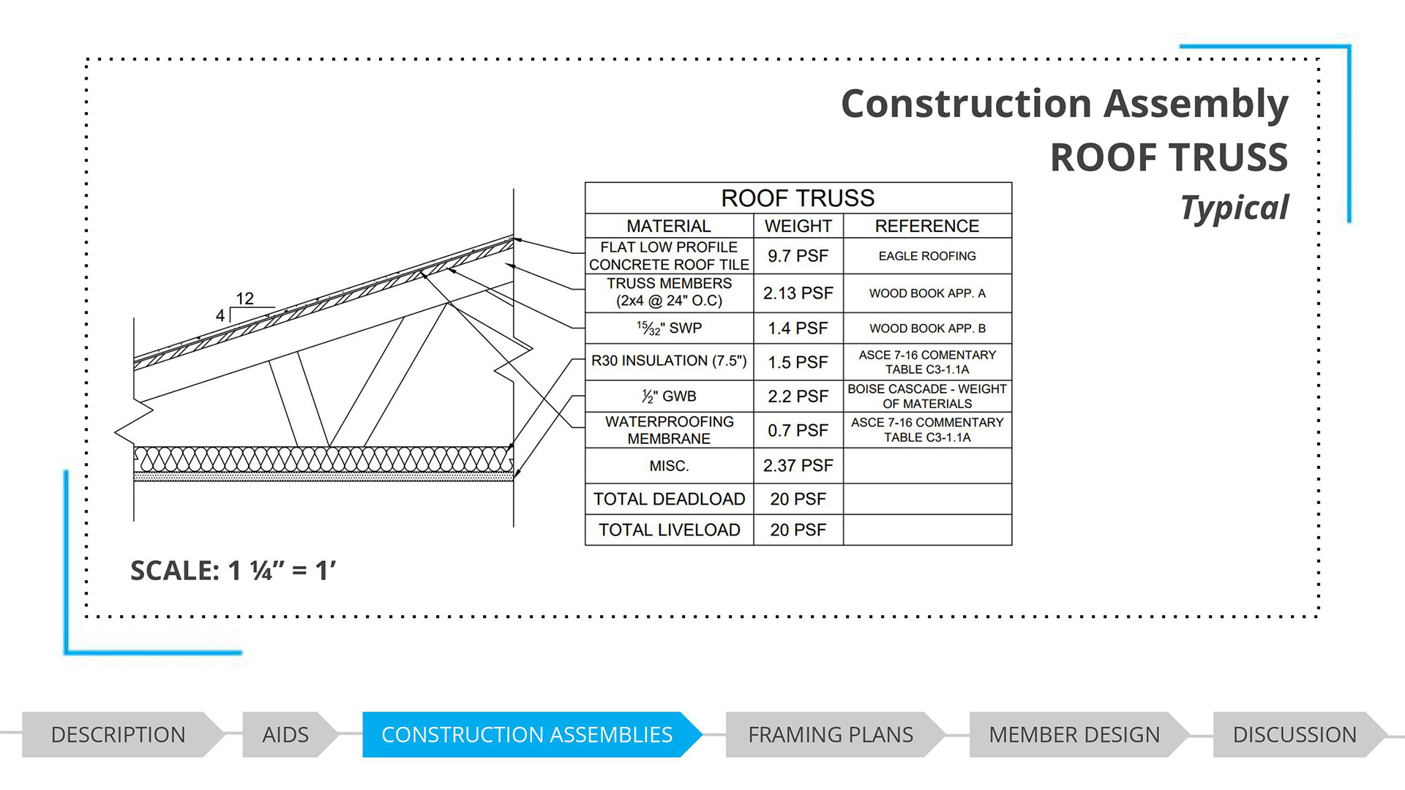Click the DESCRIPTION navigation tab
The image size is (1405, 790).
(119, 734)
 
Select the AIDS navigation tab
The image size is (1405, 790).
(285, 734)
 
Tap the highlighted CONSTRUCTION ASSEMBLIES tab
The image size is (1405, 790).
(527, 734)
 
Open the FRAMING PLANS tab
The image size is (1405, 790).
(831, 734)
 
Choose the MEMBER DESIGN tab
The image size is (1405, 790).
(1074, 734)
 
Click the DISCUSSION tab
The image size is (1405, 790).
(1295, 734)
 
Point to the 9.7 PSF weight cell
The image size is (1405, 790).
(798, 256)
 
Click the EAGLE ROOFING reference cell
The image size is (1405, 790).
(927, 256)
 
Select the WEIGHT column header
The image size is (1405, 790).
(798, 226)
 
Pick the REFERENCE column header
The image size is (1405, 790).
(927, 226)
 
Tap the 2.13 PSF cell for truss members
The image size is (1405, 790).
(798, 293)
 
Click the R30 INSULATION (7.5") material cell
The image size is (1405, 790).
(669, 361)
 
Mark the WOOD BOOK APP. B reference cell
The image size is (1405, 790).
(927, 328)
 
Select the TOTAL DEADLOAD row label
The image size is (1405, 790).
(669, 499)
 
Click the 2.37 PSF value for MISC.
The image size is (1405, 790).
(798, 465)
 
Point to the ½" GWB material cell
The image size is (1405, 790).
(669, 396)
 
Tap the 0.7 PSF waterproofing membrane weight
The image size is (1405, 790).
(798, 430)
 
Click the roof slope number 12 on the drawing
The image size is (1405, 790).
(244, 298)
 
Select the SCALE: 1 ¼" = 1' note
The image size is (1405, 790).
(233, 571)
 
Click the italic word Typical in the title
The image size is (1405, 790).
(1234, 208)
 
